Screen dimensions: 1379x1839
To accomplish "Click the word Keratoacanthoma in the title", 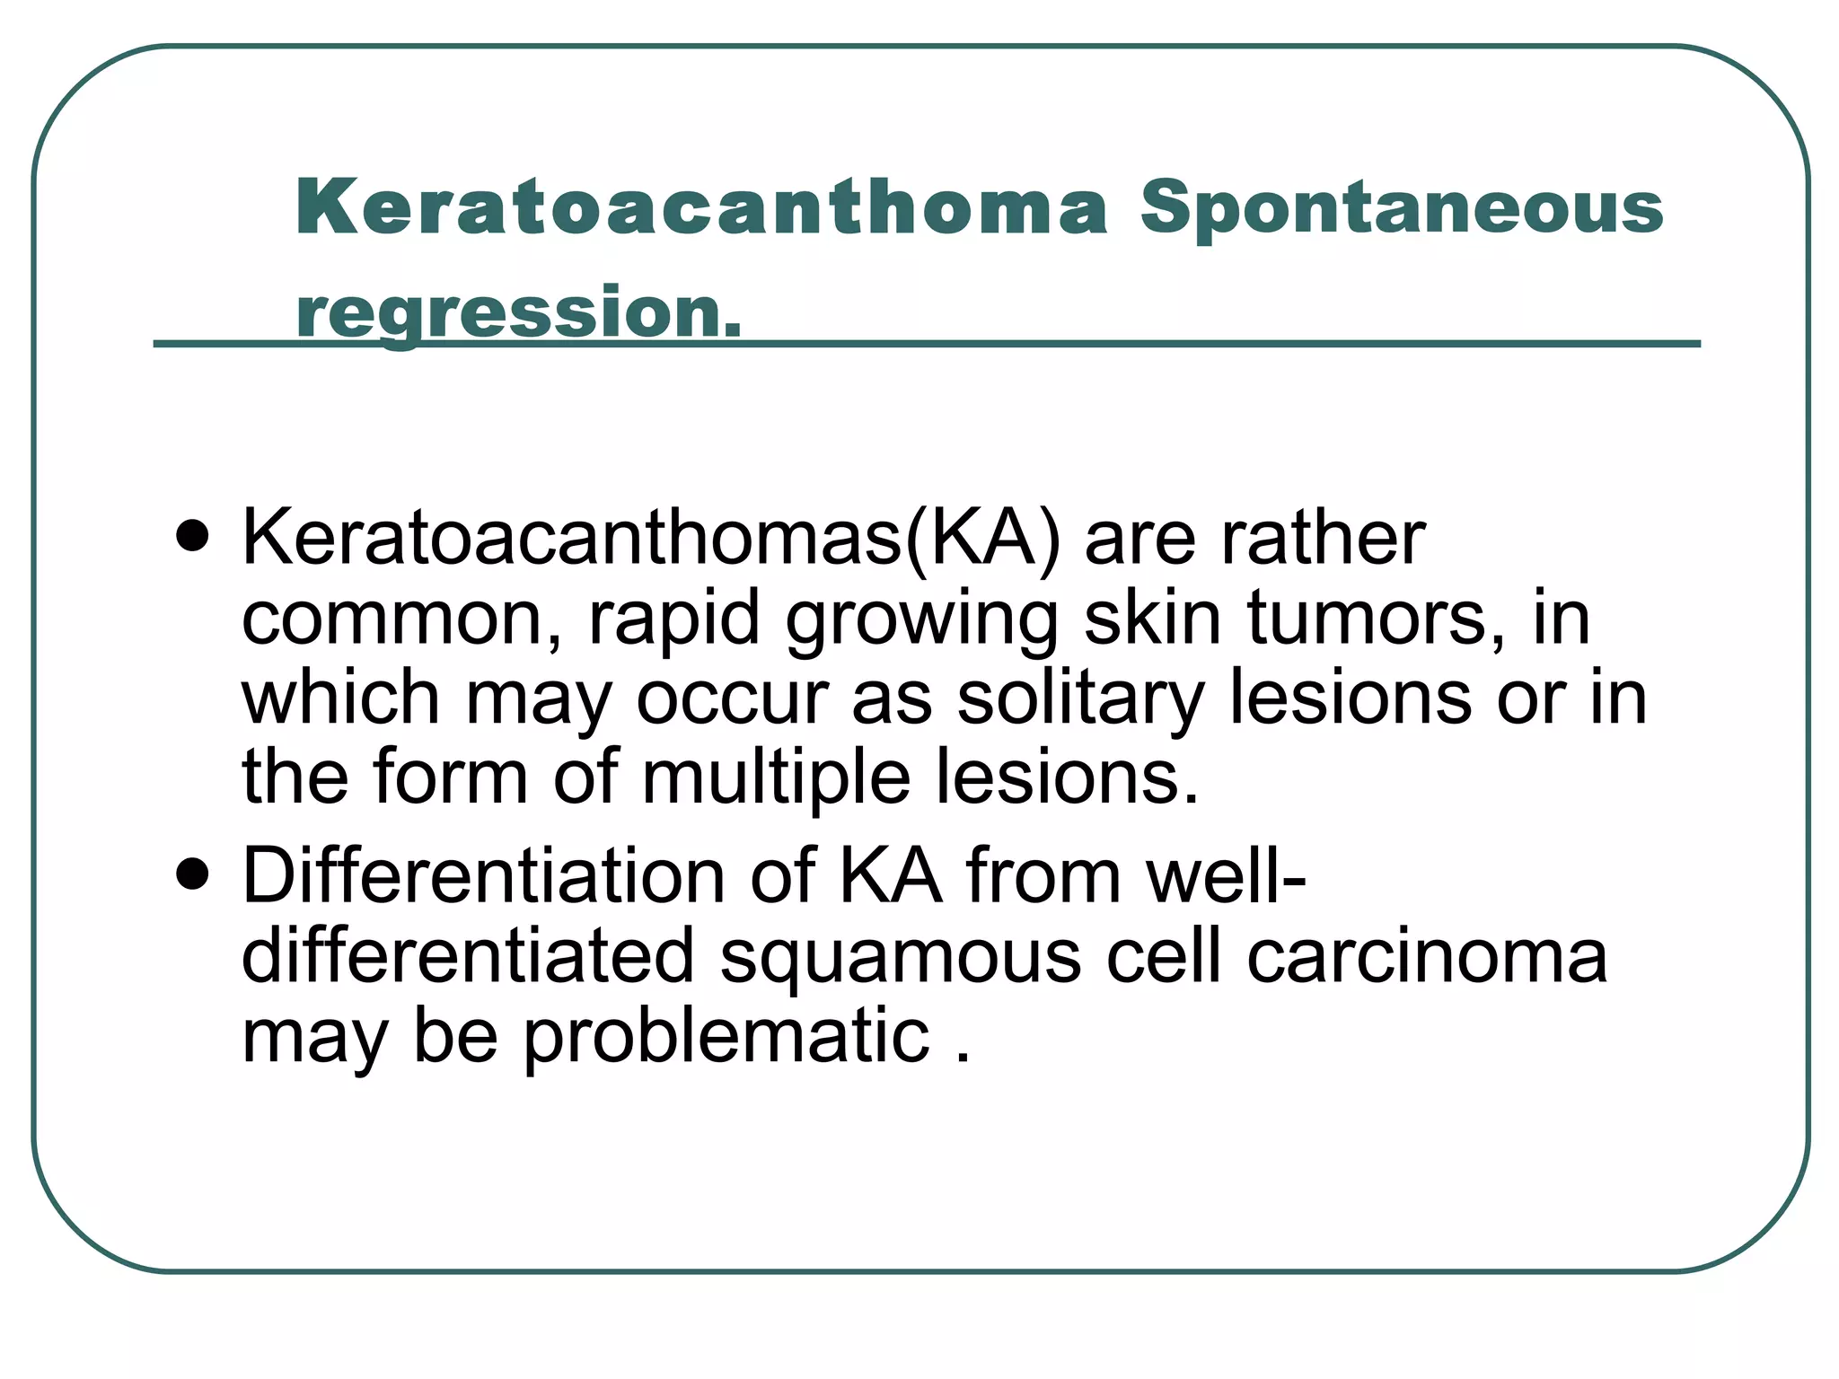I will pos(701,207).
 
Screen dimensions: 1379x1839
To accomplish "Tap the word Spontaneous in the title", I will pos(1402,209).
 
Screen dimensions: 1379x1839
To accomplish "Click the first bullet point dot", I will pos(193,538).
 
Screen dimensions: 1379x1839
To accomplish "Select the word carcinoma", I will pos(1427,956).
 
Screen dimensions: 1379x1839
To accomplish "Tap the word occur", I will pos(732,698).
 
